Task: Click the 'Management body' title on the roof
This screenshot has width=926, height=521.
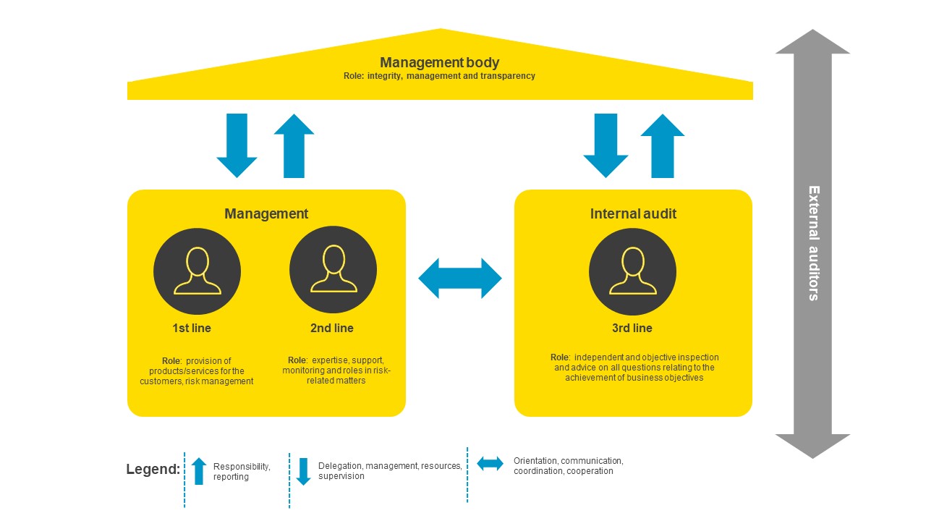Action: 440,63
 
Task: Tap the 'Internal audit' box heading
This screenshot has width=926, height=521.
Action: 633,213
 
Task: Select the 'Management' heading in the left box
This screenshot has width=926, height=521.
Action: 266,213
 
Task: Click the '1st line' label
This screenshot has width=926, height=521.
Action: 192,328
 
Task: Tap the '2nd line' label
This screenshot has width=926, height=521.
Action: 332,328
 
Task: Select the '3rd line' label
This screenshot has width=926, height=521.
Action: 632,328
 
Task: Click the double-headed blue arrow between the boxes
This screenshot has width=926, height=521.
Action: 460,279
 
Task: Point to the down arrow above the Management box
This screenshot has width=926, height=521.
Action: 237,145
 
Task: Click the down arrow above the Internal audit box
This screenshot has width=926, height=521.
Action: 606,145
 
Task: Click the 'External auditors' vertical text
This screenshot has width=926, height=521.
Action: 813,243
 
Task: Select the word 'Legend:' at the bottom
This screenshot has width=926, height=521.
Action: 153,470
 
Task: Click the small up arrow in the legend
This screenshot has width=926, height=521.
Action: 199,471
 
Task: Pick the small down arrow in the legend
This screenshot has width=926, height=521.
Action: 304,471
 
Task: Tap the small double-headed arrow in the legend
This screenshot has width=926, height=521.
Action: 490,464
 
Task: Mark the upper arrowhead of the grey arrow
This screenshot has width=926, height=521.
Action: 813,43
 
